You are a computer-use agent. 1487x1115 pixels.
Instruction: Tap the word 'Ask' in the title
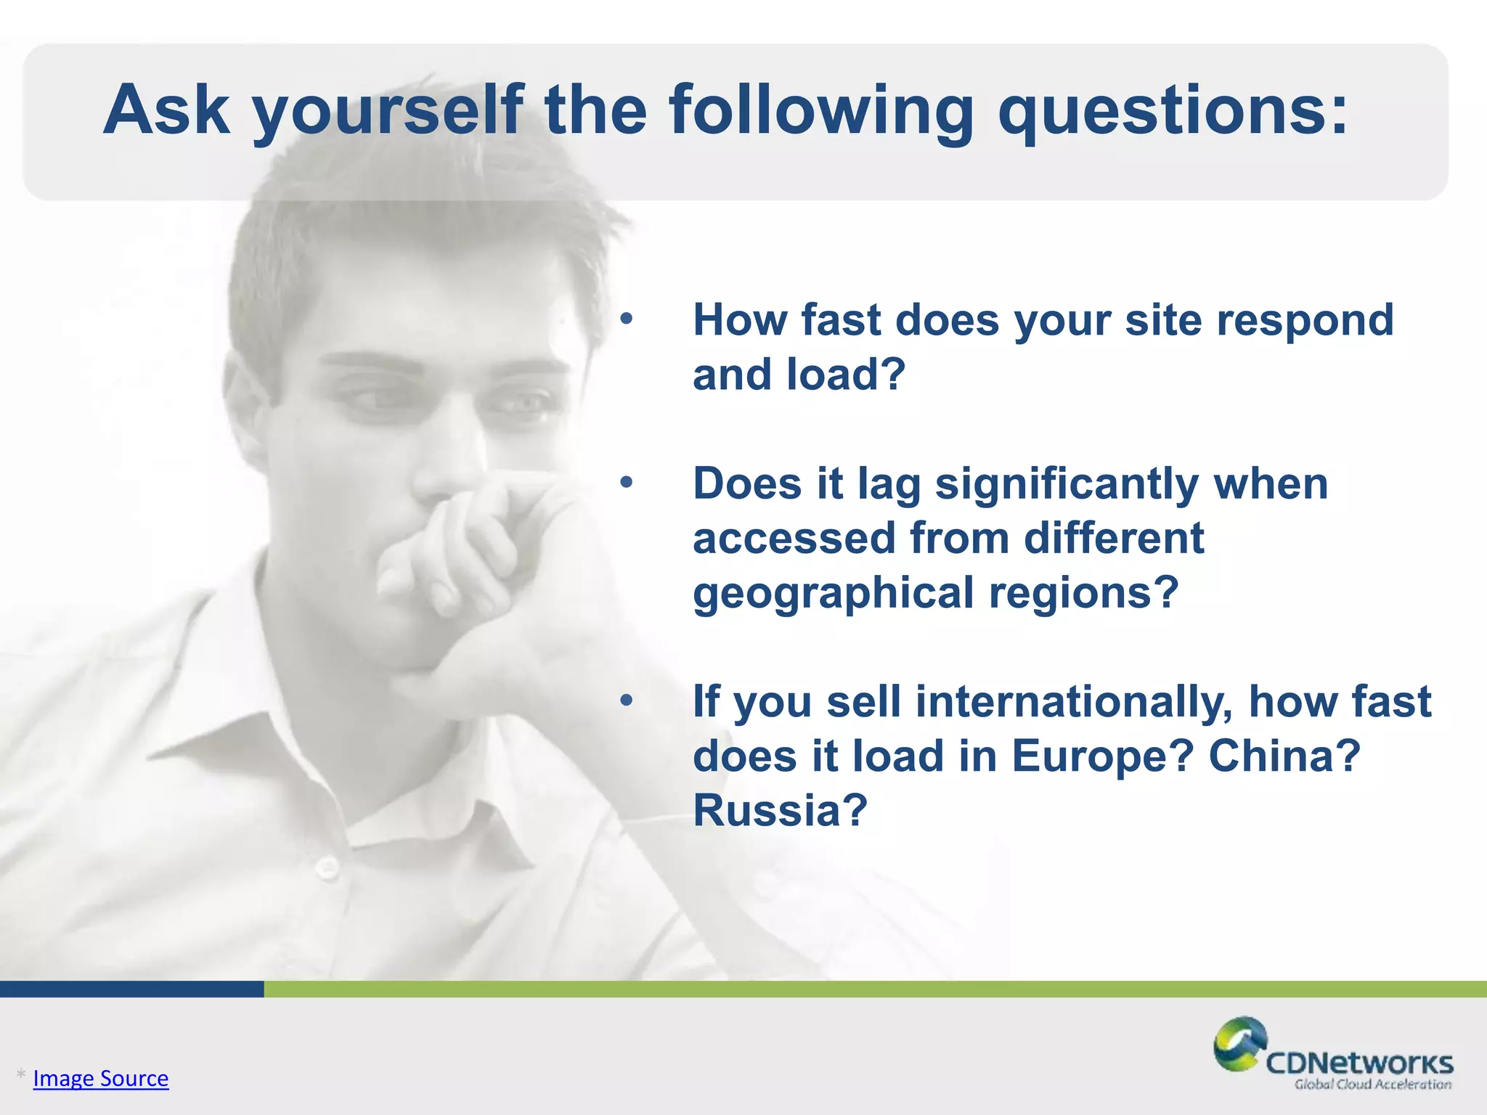click(166, 110)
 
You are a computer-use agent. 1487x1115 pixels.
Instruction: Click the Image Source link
click(101, 1079)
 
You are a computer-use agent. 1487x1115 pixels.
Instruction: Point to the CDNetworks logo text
click(1359, 1063)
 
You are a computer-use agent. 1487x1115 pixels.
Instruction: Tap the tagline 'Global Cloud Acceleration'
click(1372, 1085)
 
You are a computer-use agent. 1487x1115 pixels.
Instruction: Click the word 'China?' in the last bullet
click(1284, 756)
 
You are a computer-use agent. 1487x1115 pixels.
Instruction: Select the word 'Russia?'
click(780, 810)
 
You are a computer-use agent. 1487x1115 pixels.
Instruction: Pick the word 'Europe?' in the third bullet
click(1102, 756)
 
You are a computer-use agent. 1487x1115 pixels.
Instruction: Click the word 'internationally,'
click(1073, 703)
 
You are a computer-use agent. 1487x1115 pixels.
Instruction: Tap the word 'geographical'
click(833, 594)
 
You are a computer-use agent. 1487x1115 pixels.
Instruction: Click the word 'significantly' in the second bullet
click(1067, 485)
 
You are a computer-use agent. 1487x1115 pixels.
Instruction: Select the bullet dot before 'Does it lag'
click(627, 482)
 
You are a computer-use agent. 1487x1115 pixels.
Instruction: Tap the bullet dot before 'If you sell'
click(627, 701)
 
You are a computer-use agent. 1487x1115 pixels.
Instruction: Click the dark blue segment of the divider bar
click(131, 989)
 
